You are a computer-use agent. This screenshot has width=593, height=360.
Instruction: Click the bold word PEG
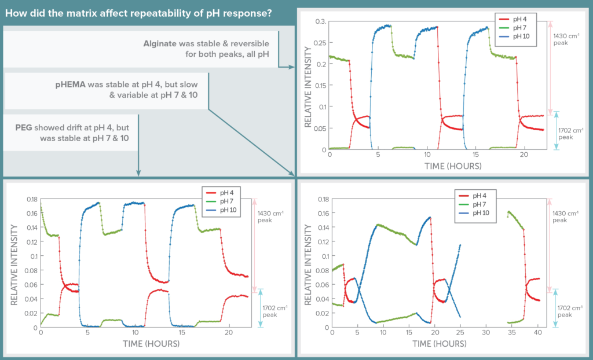point(25,127)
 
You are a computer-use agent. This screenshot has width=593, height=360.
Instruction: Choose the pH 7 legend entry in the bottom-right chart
point(480,204)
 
